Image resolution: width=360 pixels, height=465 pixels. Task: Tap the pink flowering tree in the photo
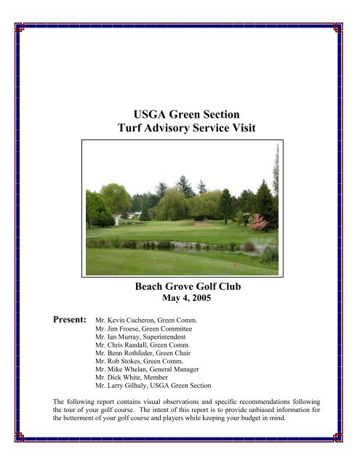257,222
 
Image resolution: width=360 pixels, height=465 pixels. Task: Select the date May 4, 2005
181,299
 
